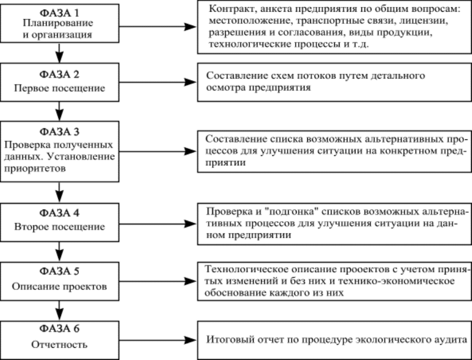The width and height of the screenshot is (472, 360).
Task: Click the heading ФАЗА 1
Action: [x=61, y=11]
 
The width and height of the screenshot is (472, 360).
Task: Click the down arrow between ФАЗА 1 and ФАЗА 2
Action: [x=59, y=53]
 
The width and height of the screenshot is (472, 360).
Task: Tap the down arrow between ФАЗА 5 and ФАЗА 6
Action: [x=59, y=310]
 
